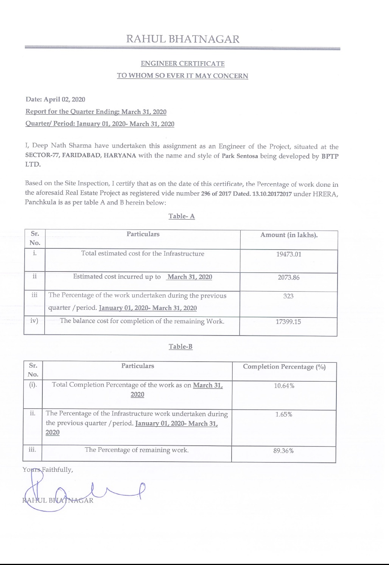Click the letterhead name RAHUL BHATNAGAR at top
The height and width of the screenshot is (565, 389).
[x=182, y=39]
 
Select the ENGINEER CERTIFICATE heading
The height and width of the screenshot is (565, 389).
[x=182, y=64]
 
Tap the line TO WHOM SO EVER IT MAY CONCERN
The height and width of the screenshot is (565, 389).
[x=182, y=76]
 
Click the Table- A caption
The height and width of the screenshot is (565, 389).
[x=182, y=216]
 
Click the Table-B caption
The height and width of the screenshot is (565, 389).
[x=180, y=346]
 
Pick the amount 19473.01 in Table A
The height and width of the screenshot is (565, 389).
[x=288, y=254]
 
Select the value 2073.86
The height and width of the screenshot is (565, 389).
[x=288, y=277]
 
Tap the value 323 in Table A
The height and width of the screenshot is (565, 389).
[x=288, y=296]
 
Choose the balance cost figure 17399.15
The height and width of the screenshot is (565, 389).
[x=288, y=322]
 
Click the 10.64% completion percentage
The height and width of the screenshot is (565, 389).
[x=284, y=386]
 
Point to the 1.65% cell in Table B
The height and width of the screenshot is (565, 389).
[x=284, y=414]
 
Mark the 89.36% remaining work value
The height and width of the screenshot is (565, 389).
[x=283, y=451]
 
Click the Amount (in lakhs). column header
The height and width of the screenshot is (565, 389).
[x=289, y=235]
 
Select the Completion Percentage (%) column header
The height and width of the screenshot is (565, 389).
[x=284, y=367]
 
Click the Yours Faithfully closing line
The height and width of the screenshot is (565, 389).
[x=48, y=470]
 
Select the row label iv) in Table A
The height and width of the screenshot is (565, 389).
[x=34, y=321]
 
